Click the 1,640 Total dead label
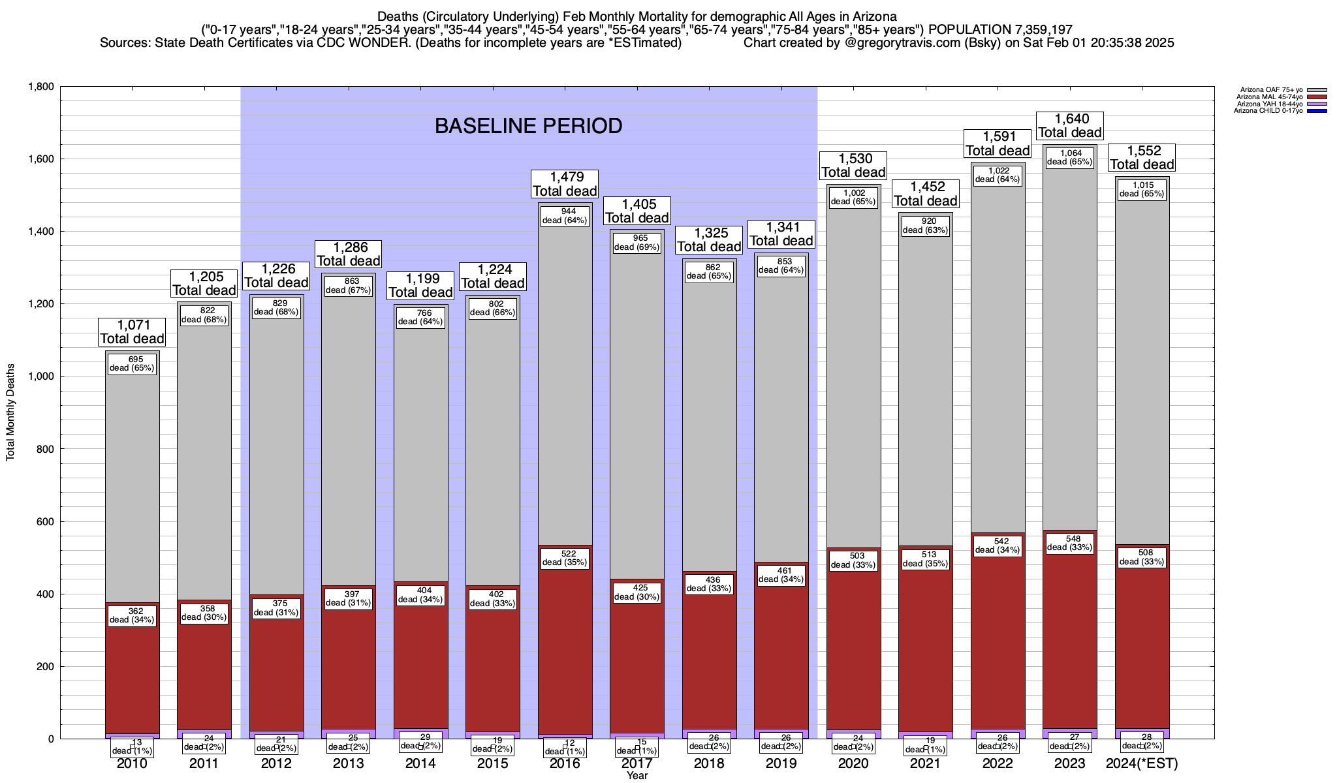coord(1070,126)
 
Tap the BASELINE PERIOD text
coord(528,126)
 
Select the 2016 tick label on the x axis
coord(565,763)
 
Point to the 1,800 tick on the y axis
coord(40,87)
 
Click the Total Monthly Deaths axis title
coord(10,412)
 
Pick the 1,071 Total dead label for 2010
coord(132,331)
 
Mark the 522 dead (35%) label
coord(565,558)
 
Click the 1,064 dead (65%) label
coord(1070,158)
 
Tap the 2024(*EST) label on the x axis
coord(1142,763)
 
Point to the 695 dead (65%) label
coord(132,363)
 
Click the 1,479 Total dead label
coord(565,184)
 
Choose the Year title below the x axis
coord(637,775)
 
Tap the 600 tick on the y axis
coord(44,521)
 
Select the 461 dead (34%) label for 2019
coord(781,575)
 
